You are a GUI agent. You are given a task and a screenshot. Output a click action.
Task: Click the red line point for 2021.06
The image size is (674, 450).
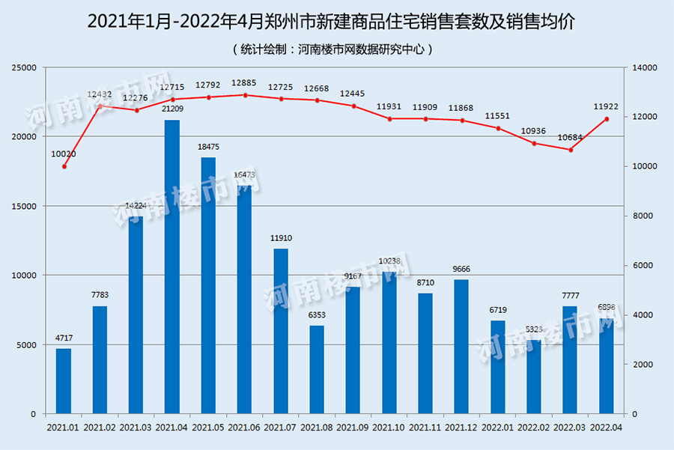245,95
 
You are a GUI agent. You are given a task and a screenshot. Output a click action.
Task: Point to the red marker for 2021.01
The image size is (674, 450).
64,166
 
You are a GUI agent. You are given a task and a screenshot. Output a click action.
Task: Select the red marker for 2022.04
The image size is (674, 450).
607,119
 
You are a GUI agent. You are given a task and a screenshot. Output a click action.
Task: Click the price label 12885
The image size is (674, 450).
245,83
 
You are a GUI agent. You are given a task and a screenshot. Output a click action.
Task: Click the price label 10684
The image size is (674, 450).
571,138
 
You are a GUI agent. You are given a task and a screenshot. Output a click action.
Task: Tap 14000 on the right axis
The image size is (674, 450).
643,67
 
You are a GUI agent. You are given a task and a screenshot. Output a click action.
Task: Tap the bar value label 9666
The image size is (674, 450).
462,269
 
